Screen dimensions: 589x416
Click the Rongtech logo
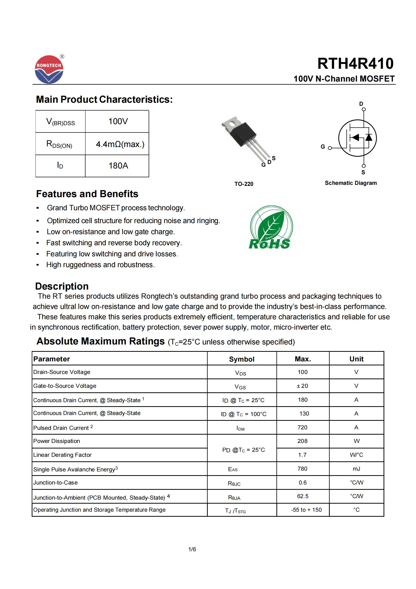coord(49,70)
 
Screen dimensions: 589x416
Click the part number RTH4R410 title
coord(355,64)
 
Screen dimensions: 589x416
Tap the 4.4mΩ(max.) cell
coord(120,144)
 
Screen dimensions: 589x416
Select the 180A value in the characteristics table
coord(118,166)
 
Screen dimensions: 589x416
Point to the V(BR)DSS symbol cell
coord(60,122)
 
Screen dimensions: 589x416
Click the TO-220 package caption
coord(244,184)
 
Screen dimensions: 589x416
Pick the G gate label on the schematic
coord(323,147)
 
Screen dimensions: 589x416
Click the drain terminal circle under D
coord(363,109)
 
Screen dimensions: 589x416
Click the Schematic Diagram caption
coord(351,183)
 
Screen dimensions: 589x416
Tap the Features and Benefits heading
coord(87,194)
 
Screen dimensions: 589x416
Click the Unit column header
coord(356,359)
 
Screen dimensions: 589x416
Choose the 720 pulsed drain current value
coord(302,427)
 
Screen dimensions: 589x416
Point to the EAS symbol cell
coord(233,469)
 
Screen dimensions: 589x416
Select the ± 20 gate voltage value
coord(302,386)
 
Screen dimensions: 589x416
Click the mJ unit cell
coord(356,469)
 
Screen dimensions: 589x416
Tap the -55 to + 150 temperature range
coord(306,510)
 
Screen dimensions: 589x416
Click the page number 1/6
coord(192,549)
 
